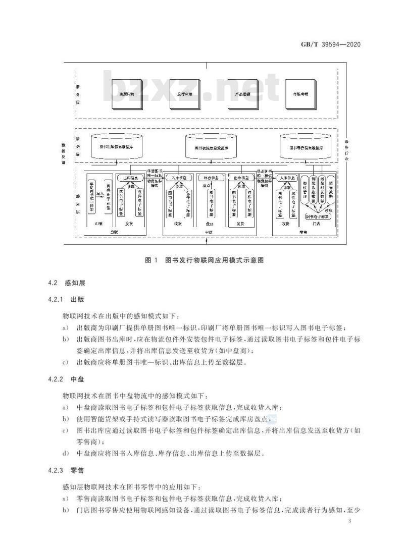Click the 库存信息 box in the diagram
(210, 178)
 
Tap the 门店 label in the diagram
(317, 224)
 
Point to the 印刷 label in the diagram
(98, 224)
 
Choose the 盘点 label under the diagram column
(210, 224)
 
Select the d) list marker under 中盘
(66, 453)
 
